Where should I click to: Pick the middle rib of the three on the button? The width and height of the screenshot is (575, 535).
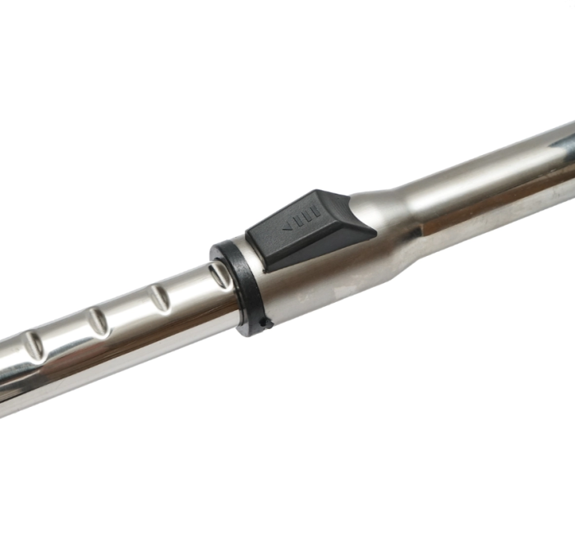click(x=303, y=223)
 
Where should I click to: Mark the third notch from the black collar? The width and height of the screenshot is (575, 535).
click(x=98, y=322)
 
